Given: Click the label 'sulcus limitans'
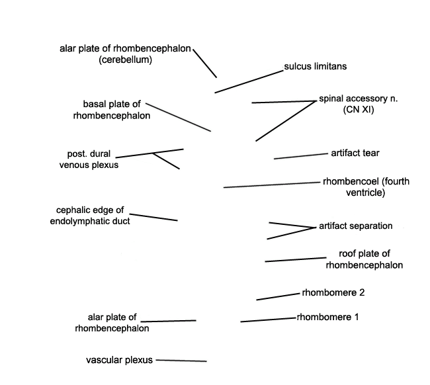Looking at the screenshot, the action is (x=316, y=66).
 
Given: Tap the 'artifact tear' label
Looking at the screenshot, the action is (x=355, y=153).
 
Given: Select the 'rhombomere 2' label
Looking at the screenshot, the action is (x=333, y=292).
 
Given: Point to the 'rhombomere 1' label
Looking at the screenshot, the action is (x=327, y=317).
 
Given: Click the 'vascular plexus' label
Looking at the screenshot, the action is (x=119, y=360).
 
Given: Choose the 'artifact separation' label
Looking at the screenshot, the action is (x=356, y=226).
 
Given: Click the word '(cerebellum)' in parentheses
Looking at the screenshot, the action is (x=125, y=60).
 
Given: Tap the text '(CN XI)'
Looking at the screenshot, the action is (x=359, y=110).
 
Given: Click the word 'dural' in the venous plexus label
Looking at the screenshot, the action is (x=103, y=154).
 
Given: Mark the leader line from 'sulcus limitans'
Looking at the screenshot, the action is (x=249, y=82).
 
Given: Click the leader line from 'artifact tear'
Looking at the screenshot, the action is (x=301, y=156).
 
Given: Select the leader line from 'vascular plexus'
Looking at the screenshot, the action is (x=181, y=361).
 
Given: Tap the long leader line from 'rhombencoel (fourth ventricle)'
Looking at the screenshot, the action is (x=272, y=185).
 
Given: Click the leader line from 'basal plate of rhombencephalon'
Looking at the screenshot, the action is (x=178, y=117).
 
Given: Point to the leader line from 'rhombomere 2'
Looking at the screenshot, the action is (x=278, y=297).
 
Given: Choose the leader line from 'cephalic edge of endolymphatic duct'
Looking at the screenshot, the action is (x=153, y=217).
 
